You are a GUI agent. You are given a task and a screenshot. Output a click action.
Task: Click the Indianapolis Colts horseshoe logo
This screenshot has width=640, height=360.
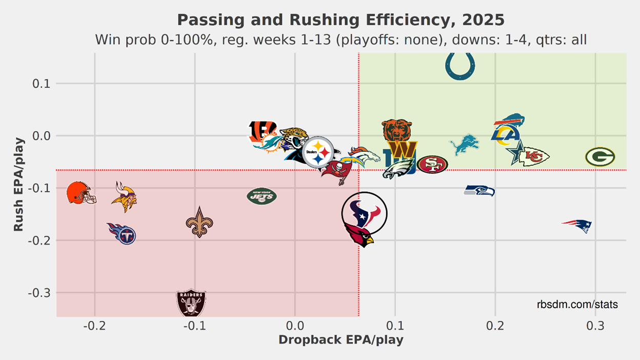[461, 67]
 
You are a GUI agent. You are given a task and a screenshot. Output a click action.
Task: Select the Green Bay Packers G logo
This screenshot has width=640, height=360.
[600, 157]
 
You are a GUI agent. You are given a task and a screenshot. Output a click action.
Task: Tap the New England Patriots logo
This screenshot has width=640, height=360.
[577, 225]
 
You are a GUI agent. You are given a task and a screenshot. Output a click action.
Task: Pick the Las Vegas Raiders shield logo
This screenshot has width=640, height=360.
[191, 303]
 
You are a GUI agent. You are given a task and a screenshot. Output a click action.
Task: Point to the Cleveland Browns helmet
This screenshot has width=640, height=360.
[81, 193]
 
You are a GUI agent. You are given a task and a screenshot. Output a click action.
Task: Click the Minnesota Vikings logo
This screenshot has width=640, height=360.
[124, 197]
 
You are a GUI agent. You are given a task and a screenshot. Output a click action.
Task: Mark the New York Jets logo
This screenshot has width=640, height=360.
[262, 195]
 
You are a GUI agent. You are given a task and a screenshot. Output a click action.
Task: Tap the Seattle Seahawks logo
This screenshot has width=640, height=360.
[479, 191]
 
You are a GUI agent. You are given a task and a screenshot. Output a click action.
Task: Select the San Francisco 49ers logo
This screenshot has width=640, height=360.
[432, 164]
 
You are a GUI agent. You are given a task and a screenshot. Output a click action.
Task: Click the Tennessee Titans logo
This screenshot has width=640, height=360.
[122, 233]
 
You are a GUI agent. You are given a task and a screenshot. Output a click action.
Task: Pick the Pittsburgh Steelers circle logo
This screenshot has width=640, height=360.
[318, 152]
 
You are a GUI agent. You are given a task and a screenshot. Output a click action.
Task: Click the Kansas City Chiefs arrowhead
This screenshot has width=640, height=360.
[534, 156]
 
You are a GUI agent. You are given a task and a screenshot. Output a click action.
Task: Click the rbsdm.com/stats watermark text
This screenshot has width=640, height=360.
[577, 305]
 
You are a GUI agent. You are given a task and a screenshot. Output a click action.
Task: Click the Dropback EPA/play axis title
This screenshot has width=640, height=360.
[341, 340]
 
